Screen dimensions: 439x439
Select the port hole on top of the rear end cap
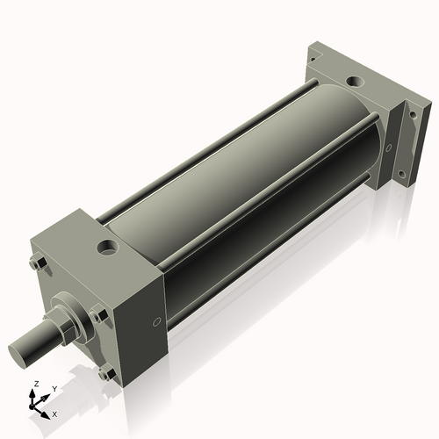[x=353, y=84]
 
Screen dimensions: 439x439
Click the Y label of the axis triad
[x=54, y=388]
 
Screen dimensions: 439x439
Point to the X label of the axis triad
[x=55, y=413]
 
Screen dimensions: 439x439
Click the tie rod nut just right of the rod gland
[x=98, y=314]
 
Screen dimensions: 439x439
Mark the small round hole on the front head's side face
[x=156, y=322]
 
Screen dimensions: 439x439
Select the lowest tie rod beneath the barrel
[x=263, y=263]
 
